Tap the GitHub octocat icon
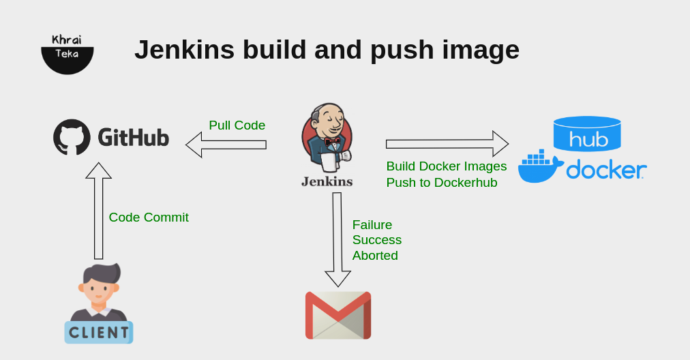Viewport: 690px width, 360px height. click(72, 137)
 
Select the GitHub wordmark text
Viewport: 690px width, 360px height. click(133, 138)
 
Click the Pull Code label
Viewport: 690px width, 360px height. click(237, 125)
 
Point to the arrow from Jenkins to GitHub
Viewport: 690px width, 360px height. click(226, 145)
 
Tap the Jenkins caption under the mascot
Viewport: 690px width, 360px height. click(327, 181)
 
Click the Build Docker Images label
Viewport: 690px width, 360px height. click(447, 166)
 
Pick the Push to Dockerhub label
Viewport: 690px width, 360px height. click(442, 183)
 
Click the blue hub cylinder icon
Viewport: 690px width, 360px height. click(587, 134)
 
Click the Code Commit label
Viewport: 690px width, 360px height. click(149, 217)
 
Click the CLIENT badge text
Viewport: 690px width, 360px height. click(99, 333)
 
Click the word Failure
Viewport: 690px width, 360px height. click(372, 225)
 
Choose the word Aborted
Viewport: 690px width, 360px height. click(375, 256)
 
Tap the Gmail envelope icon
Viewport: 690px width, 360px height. click(338, 315)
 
